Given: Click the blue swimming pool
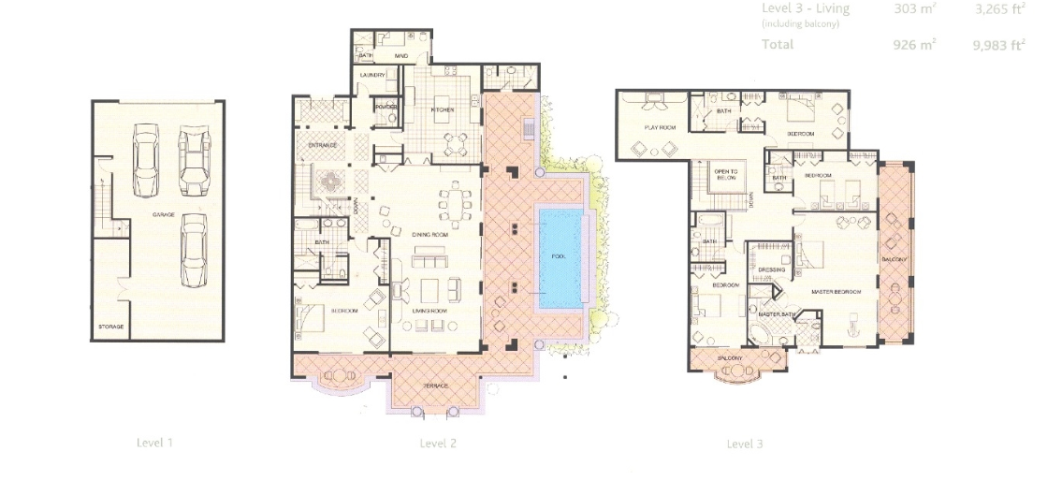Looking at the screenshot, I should click(x=560, y=259).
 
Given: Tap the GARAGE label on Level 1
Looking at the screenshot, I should click(x=164, y=214).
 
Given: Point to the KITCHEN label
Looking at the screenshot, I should click(x=442, y=109).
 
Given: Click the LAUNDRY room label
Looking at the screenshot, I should click(x=373, y=75).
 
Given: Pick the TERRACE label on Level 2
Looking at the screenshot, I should click(x=435, y=385).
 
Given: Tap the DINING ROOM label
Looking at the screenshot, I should click(x=429, y=235).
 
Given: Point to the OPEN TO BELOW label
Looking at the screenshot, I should click(x=725, y=175).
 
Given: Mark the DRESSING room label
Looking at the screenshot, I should click(x=771, y=269).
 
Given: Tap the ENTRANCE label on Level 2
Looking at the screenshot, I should click(x=323, y=145).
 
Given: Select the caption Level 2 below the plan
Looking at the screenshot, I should click(x=438, y=444).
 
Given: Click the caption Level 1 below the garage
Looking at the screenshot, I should click(x=154, y=443).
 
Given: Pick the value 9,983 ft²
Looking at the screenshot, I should click(x=999, y=44).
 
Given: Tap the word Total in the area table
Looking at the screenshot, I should click(x=777, y=44).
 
